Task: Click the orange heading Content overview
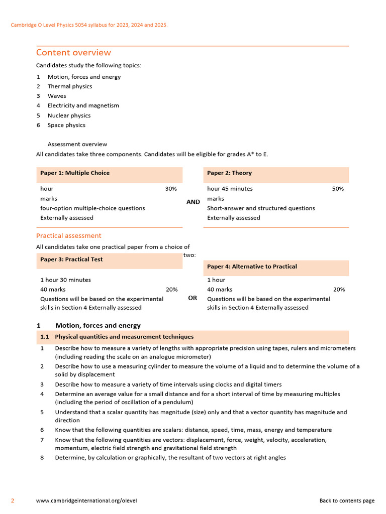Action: coord(73,53)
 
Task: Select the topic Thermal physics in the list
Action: coord(70,86)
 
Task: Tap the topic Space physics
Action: coord(66,125)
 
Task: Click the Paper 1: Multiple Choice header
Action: coord(75,173)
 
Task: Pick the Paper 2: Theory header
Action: coord(229,173)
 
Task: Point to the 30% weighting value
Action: coord(171,189)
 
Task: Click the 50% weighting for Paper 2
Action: coord(338,189)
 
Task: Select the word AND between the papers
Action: coord(193,202)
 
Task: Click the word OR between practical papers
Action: coord(192,298)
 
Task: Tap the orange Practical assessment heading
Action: coord(68,235)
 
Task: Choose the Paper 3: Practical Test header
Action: coord(71,260)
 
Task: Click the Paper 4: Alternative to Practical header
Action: coord(252,267)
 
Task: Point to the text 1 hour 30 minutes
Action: coord(65,280)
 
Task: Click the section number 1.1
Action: coord(44,337)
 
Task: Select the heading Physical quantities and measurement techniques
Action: coord(124,337)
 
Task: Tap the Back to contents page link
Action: coord(347,500)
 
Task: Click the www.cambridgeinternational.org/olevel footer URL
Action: coord(86,500)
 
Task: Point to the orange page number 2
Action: coord(13,500)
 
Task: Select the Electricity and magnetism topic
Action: coord(83,105)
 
